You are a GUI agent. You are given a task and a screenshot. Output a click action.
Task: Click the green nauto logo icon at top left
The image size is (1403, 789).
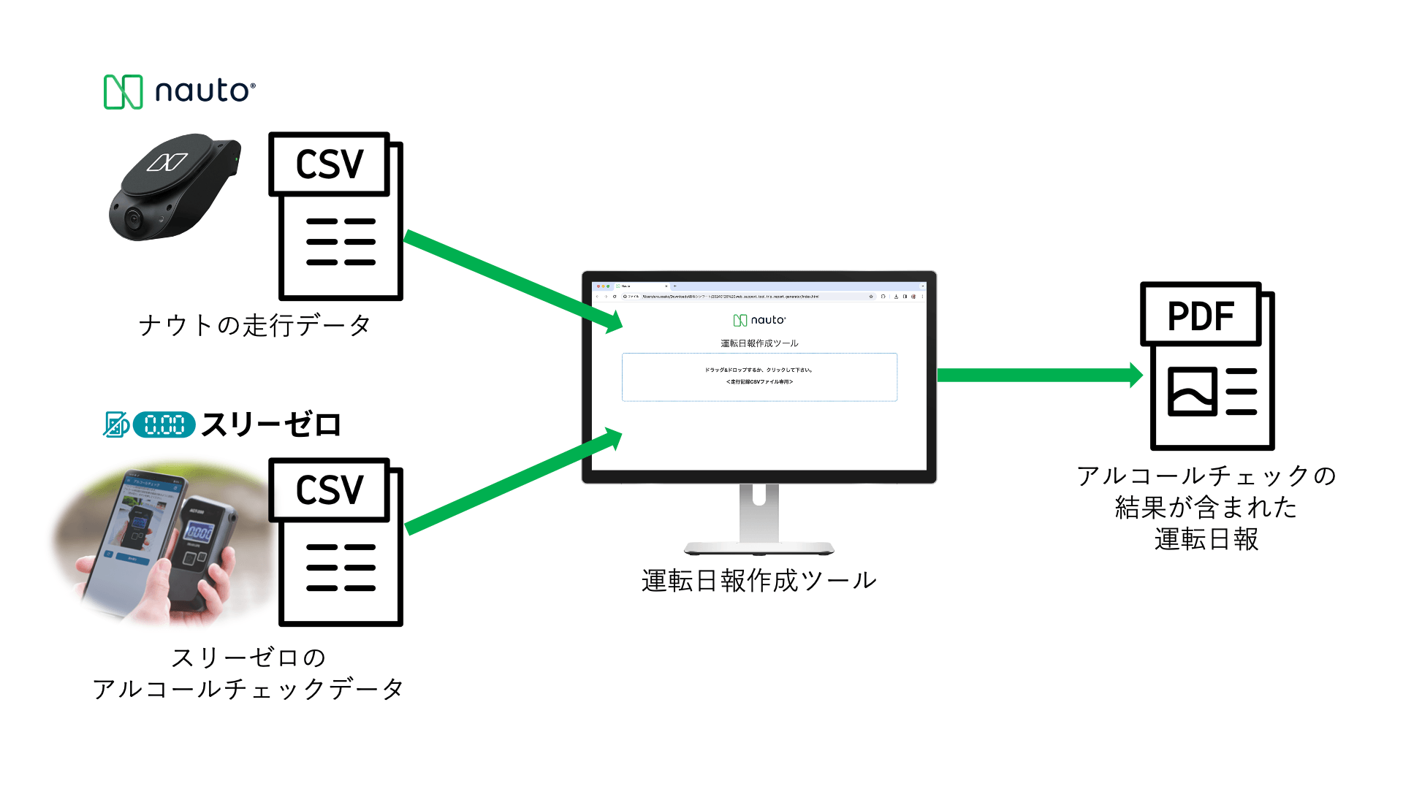point(123,92)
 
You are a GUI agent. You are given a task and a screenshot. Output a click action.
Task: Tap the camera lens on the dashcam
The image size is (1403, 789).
point(133,218)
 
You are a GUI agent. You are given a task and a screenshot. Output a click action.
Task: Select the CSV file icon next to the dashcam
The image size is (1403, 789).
point(336,216)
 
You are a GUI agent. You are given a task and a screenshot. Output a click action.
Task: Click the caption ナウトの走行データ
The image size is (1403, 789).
point(255,325)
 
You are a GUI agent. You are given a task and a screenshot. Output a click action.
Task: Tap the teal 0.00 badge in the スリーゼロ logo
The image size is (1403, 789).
point(164,424)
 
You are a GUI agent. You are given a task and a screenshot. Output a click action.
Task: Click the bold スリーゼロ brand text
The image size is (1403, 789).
point(271,424)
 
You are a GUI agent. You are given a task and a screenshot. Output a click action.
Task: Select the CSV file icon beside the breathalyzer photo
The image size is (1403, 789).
point(336,542)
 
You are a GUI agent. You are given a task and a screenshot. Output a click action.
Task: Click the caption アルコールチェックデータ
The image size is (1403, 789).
point(248,689)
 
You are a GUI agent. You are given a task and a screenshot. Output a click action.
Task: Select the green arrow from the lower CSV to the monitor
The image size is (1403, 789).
point(512,481)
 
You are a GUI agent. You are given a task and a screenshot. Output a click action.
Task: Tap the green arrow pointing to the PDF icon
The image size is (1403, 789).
point(1038,375)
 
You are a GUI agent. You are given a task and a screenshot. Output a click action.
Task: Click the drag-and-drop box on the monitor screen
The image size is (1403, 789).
point(759,377)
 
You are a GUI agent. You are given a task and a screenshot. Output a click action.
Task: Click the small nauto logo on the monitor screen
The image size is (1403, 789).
point(759,320)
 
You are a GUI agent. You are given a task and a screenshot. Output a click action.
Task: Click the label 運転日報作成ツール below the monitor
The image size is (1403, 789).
point(759,581)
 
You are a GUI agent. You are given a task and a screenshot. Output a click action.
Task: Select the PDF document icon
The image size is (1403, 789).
point(1207,366)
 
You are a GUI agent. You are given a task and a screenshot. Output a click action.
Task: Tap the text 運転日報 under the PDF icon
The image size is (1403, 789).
point(1206,539)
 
